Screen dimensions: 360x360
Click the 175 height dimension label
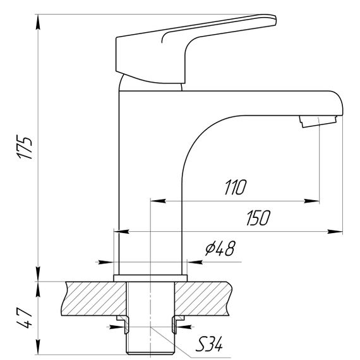(x=25, y=148)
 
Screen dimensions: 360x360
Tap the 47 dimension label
(x=24, y=318)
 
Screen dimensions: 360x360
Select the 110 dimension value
(x=235, y=188)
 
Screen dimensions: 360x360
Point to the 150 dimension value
(x=258, y=218)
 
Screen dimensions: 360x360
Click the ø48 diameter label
(x=220, y=248)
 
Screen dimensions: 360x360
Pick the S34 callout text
(x=208, y=344)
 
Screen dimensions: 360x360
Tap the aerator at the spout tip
(x=318, y=121)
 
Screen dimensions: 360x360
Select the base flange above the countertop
(x=150, y=278)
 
